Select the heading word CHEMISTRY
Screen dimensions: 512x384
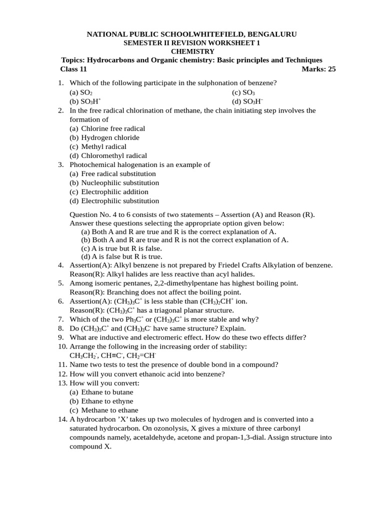coord(192,51)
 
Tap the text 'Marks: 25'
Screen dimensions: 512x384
coord(318,69)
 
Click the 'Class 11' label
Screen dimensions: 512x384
coord(73,69)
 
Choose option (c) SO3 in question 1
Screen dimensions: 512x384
coord(243,92)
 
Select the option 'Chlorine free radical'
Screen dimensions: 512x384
coord(113,128)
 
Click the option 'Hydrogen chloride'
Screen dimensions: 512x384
coord(110,137)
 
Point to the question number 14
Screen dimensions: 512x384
coord(62,419)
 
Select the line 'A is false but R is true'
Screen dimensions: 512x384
coord(121,256)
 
